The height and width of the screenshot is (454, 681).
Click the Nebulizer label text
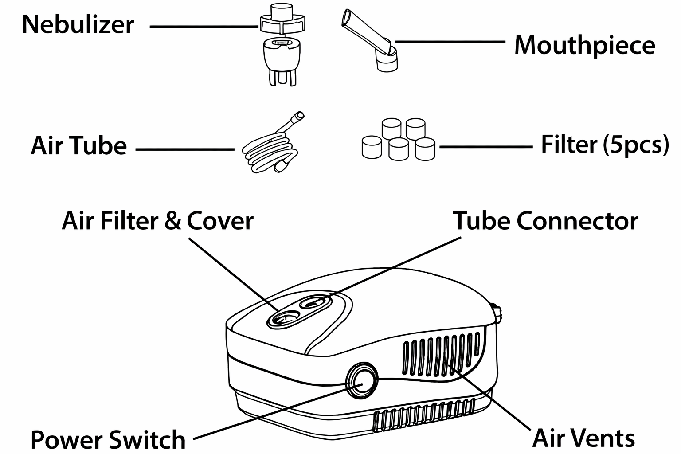[x=78, y=24]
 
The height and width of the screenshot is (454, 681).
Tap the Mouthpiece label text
[x=584, y=45]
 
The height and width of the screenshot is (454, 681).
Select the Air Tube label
[x=78, y=146]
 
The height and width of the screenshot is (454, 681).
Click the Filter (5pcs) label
[x=605, y=145]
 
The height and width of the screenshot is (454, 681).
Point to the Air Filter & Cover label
[x=157, y=221]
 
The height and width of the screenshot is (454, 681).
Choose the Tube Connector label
[x=545, y=221]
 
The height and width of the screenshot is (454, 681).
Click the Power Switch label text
[x=108, y=439]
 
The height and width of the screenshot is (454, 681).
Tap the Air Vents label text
[x=583, y=438]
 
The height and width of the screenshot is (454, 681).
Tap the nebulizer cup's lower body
[x=280, y=58]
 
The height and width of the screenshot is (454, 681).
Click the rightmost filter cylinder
[x=425, y=149]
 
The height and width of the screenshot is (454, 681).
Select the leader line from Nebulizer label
[x=204, y=27]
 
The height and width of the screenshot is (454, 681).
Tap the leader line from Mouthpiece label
[x=450, y=42]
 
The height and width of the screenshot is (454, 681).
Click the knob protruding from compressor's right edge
[x=497, y=313]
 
